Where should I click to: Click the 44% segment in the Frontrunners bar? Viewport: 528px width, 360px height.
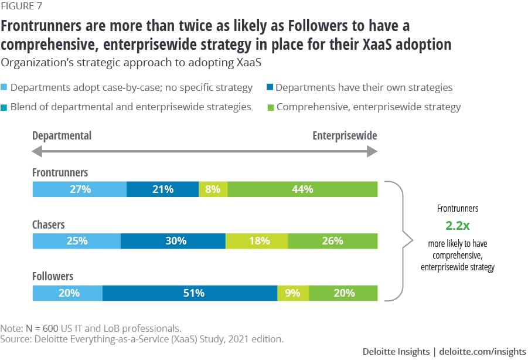pyautogui.click(x=302, y=189)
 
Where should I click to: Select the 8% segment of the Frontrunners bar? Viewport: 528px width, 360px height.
pyautogui.click(x=213, y=189)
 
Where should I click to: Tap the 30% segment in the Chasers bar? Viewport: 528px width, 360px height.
pyautogui.click(x=173, y=240)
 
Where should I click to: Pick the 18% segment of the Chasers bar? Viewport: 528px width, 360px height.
pyautogui.click(x=257, y=240)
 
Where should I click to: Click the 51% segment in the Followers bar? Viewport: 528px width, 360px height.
pyautogui.click(x=190, y=293)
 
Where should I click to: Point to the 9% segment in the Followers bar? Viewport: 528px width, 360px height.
pyautogui.click(x=293, y=293)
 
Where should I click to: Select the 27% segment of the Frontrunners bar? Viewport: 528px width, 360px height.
pyautogui.click(x=79, y=189)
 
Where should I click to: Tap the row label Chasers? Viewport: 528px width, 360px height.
pyautogui.click(x=49, y=225)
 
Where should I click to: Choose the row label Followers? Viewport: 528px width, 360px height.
pyautogui.click(x=53, y=276)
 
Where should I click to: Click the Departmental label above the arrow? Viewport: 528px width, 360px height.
pyautogui.click(x=62, y=135)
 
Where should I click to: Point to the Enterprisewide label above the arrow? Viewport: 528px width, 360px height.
pyautogui.click(x=345, y=135)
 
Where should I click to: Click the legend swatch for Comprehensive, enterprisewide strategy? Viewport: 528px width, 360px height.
pyautogui.click(x=270, y=107)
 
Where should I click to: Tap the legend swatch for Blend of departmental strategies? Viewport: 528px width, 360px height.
pyautogui.click(x=5, y=107)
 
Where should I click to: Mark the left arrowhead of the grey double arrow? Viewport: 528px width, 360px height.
pyautogui.click(x=37, y=151)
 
